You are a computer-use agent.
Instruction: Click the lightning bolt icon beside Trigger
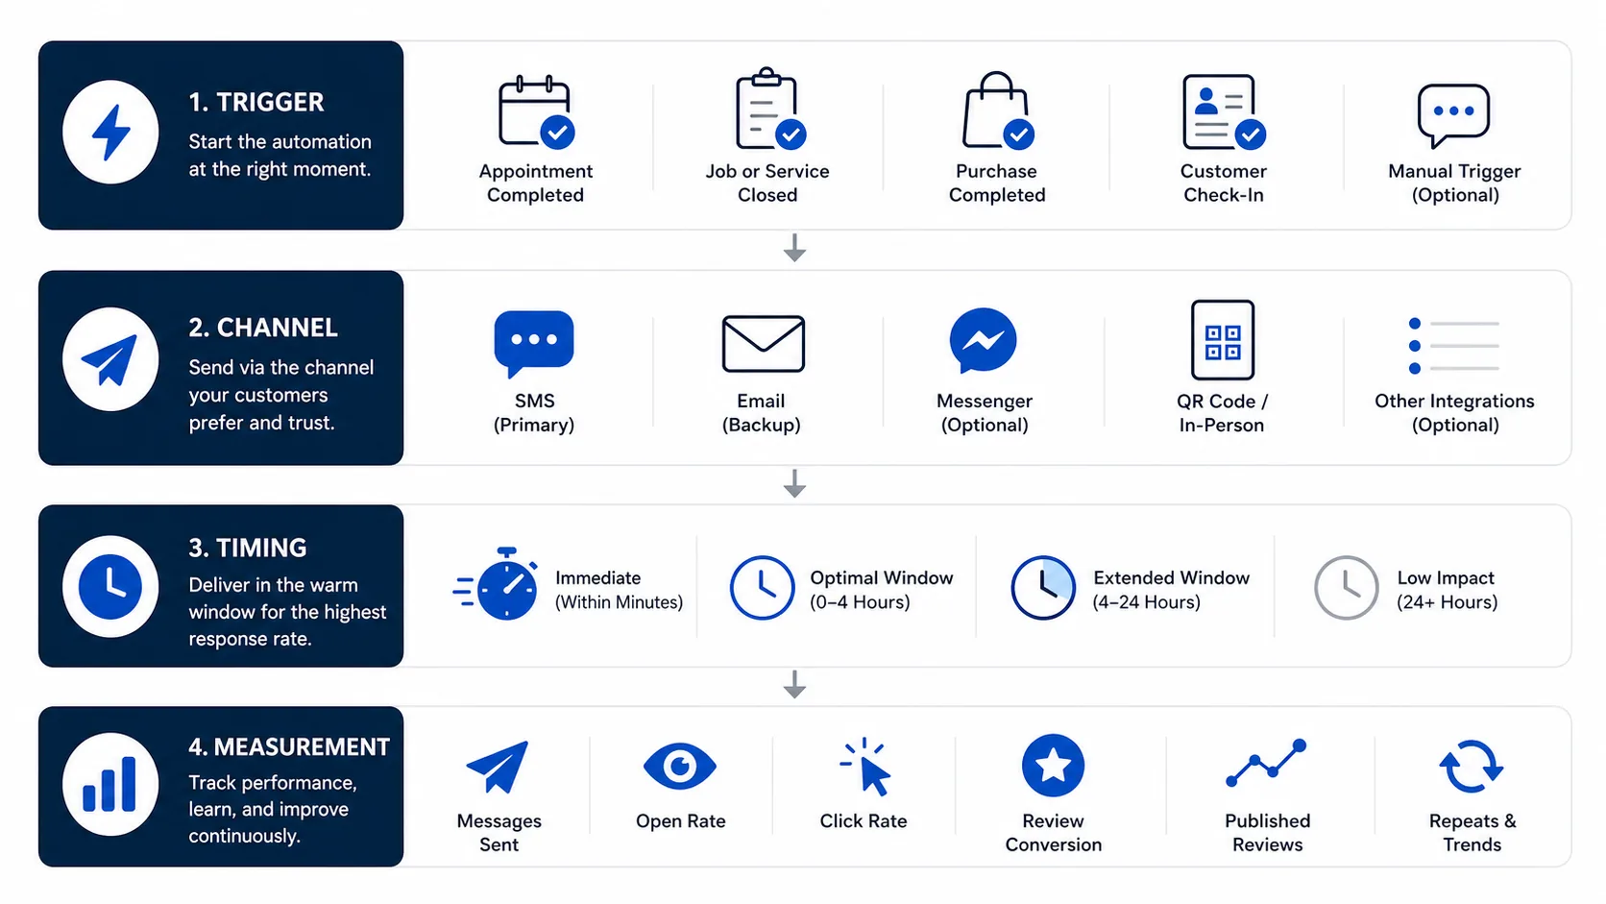click(x=110, y=133)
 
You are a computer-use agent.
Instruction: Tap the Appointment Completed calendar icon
click(x=536, y=111)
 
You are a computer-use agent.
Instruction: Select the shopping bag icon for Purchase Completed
click(x=997, y=110)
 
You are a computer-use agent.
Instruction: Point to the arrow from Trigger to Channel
click(x=794, y=247)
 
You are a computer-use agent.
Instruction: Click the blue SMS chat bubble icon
click(x=533, y=343)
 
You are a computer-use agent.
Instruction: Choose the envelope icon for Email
click(x=763, y=343)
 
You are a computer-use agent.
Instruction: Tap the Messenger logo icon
click(x=983, y=341)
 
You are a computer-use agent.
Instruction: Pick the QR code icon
click(x=1223, y=340)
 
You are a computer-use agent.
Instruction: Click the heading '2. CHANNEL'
click(x=262, y=328)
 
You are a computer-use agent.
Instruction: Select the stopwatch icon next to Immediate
click(x=496, y=583)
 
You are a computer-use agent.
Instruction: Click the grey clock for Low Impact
click(x=1346, y=587)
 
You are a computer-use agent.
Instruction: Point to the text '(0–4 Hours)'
click(x=860, y=602)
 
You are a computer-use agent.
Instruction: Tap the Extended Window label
click(x=1171, y=577)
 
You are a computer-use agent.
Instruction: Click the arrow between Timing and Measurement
click(x=794, y=685)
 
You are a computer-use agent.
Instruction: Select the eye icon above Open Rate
click(x=680, y=767)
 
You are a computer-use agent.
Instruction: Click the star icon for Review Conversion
click(x=1053, y=765)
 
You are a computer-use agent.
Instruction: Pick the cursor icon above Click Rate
click(x=865, y=767)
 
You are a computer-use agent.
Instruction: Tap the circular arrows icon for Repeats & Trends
click(x=1472, y=767)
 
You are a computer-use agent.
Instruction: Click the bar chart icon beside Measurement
click(x=109, y=784)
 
